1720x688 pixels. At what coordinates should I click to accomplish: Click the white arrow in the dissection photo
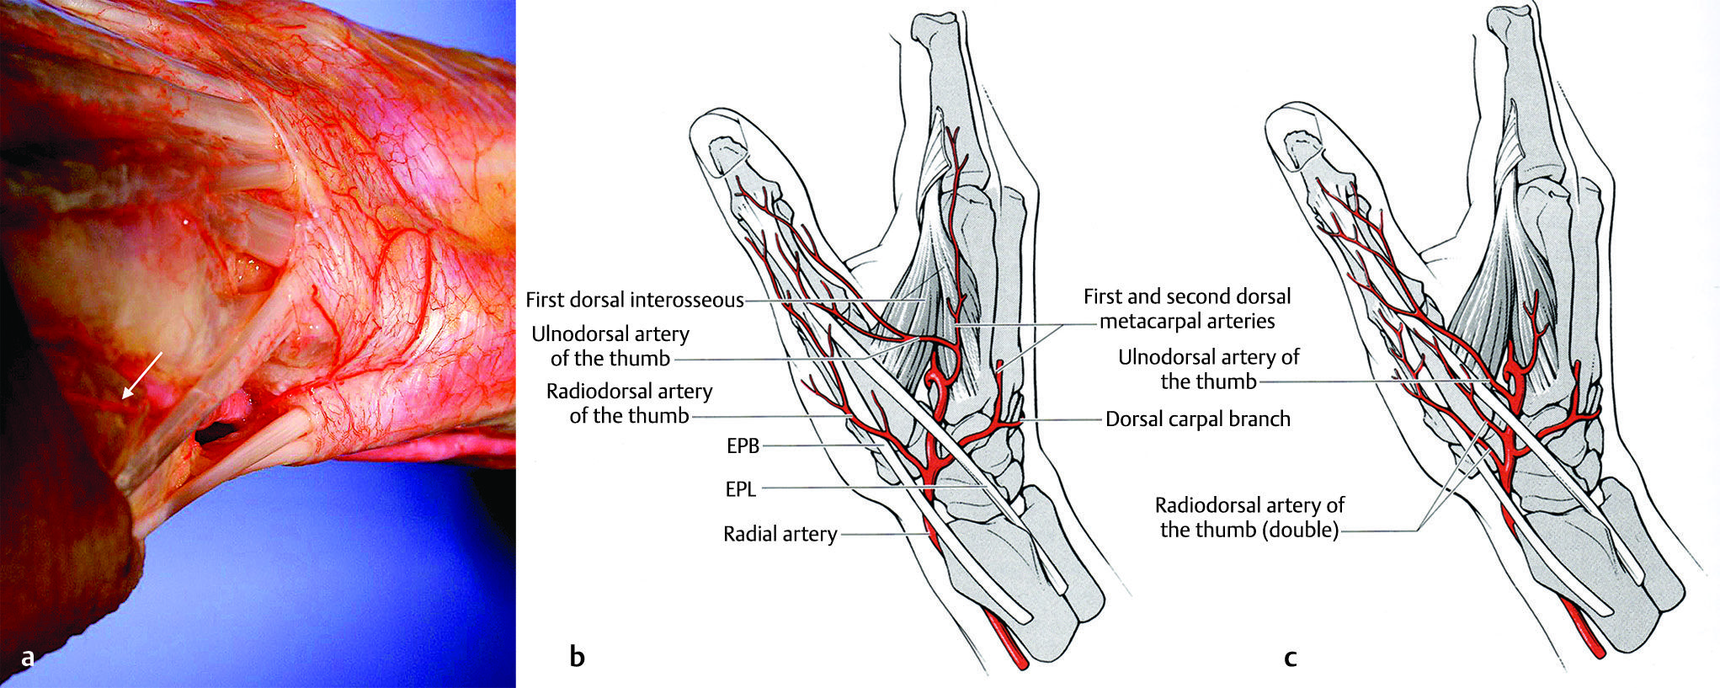click(141, 375)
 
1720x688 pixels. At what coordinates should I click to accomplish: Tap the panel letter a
click(28, 657)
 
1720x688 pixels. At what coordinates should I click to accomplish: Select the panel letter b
click(577, 656)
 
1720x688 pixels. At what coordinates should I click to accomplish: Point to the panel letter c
click(1290, 656)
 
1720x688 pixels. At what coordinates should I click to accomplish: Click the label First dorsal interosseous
click(635, 300)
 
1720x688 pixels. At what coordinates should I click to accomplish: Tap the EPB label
click(743, 446)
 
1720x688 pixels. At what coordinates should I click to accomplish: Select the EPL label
click(741, 488)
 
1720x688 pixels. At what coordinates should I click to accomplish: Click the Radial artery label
click(780, 534)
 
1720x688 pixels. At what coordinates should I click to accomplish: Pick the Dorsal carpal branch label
click(1197, 419)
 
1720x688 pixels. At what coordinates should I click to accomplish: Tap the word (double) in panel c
click(1301, 530)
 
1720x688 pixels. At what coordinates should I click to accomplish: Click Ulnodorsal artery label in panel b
click(610, 346)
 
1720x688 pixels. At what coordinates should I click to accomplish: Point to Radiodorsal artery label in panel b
click(629, 403)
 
